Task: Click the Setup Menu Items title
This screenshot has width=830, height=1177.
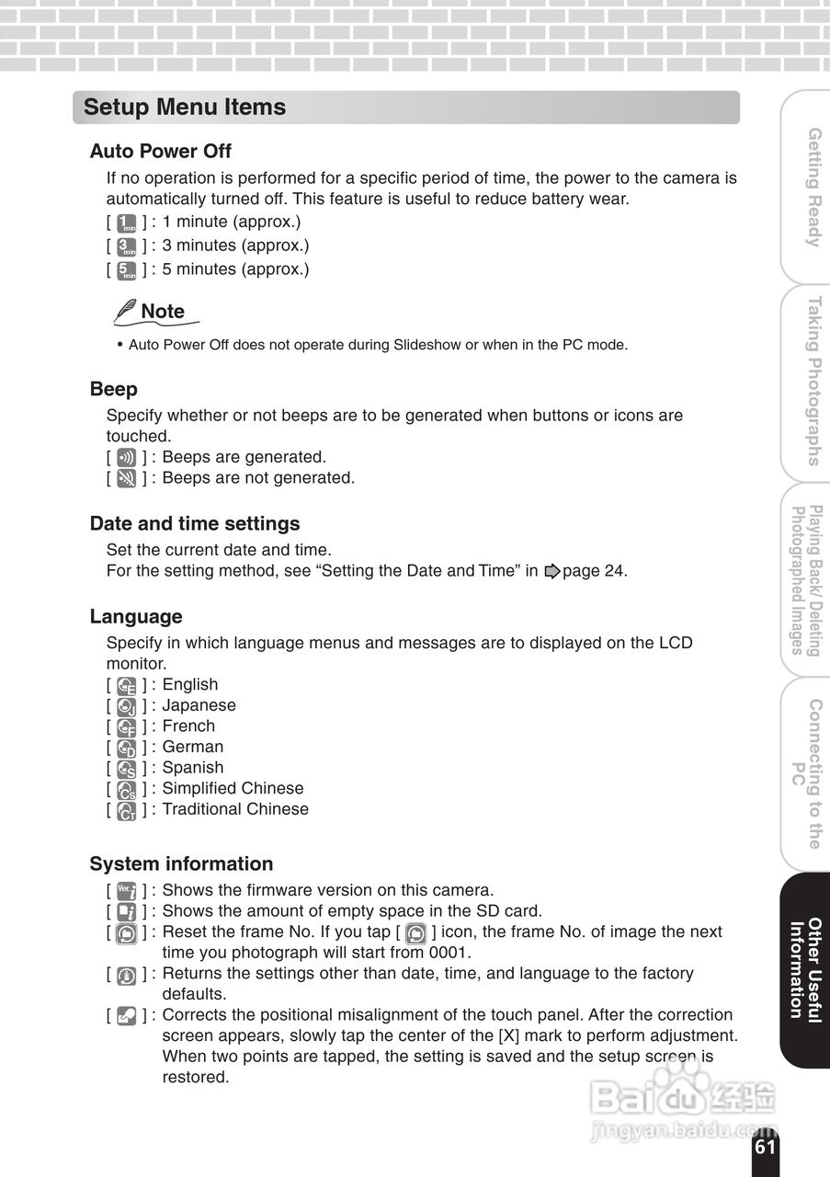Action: pyautogui.click(x=185, y=107)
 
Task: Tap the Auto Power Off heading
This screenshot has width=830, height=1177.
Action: pyautogui.click(x=161, y=151)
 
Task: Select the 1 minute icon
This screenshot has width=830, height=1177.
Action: pyautogui.click(x=127, y=223)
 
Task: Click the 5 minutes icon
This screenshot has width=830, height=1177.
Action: pyautogui.click(x=127, y=270)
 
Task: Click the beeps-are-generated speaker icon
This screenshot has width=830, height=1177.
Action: pyautogui.click(x=127, y=457)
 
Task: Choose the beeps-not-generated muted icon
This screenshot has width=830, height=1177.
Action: pyautogui.click(x=127, y=478)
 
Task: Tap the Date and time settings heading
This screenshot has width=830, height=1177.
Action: pyautogui.click(x=195, y=523)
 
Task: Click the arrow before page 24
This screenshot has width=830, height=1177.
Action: pyautogui.click(x=551, y=571)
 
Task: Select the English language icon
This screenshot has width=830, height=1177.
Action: pyautogui.click(x=127, y=685)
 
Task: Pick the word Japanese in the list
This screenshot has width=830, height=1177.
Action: pyautogui.click(x=199, y=705)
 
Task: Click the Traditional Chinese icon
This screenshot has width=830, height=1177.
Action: pyautogui.click(x=127, y=810)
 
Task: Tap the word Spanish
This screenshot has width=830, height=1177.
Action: pyautogui.click(x=193, y=768)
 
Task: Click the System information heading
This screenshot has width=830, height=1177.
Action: pyautogui.click(x=181, y=863)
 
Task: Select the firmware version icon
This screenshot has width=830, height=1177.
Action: pyautogui.click(x=127, y=891)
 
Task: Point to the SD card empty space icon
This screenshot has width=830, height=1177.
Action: pyautogui.click(x=127, y=912)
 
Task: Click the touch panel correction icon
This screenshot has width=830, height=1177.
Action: pyautogui.click(x=127, y=1016)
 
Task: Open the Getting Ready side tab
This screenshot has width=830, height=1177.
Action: pyautogui.click(x=813, y=187)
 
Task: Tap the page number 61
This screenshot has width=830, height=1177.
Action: pyautogui.click(x=765, y=1147)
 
